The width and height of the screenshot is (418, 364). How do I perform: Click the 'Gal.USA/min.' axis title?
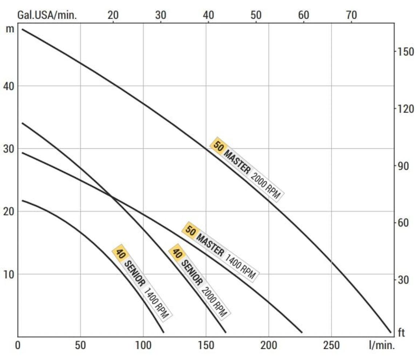coord(47,15)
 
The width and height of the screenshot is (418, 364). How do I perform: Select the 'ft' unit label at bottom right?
coord(401,333)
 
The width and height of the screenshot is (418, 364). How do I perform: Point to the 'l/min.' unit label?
coord(381,345)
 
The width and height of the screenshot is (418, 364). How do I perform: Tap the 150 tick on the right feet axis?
coord(404,51)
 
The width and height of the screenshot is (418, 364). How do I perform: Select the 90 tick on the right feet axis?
coord(402,166)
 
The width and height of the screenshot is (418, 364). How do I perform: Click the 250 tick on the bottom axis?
coord(331,345)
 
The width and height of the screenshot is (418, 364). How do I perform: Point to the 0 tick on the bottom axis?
coord(18,345)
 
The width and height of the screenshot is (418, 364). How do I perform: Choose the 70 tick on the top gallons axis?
coord(351,15)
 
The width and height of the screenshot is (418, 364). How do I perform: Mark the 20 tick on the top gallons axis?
coord(113,15)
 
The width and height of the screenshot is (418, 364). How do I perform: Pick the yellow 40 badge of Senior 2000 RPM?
coord(177,253)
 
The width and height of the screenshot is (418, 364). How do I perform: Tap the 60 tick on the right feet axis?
coord(402,222)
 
